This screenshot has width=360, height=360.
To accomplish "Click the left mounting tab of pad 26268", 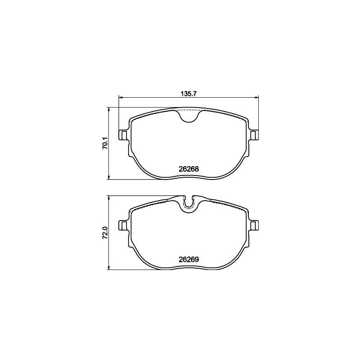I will pyautogui.click(x=123, y=135).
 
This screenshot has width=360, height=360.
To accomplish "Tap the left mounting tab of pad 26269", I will pyautogui.click(x=123, y=225).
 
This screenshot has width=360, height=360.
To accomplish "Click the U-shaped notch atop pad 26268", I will pyautogui.click(x=189, y=116).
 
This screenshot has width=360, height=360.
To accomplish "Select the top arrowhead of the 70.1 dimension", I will pyautogui.click(x=109, y=109).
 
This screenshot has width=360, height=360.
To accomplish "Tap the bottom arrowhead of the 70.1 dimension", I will pyautogui.click(x=109, y=178).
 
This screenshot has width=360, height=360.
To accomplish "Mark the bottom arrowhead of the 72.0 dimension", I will pyautogui.click(x=109, y=268).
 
